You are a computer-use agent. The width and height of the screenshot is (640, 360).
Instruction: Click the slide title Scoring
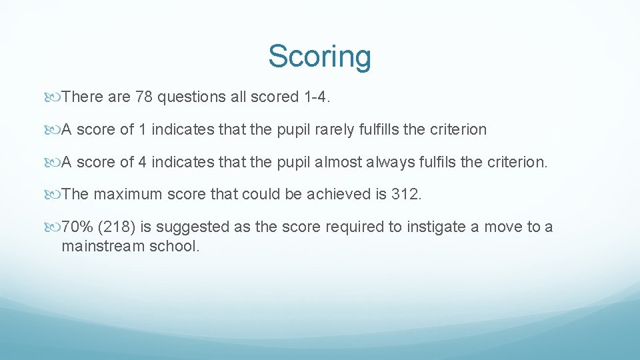(x=319, y=57)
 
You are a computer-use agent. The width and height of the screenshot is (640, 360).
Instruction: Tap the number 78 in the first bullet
(x=143, y=97)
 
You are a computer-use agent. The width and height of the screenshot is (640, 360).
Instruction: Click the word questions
(x=189, y=97)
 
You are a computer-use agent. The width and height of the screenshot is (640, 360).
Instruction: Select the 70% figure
(x=77, y=227)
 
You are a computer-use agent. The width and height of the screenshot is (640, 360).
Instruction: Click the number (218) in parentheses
(x=115, y=227)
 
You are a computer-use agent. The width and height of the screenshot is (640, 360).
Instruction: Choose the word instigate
(x=435, y=227)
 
